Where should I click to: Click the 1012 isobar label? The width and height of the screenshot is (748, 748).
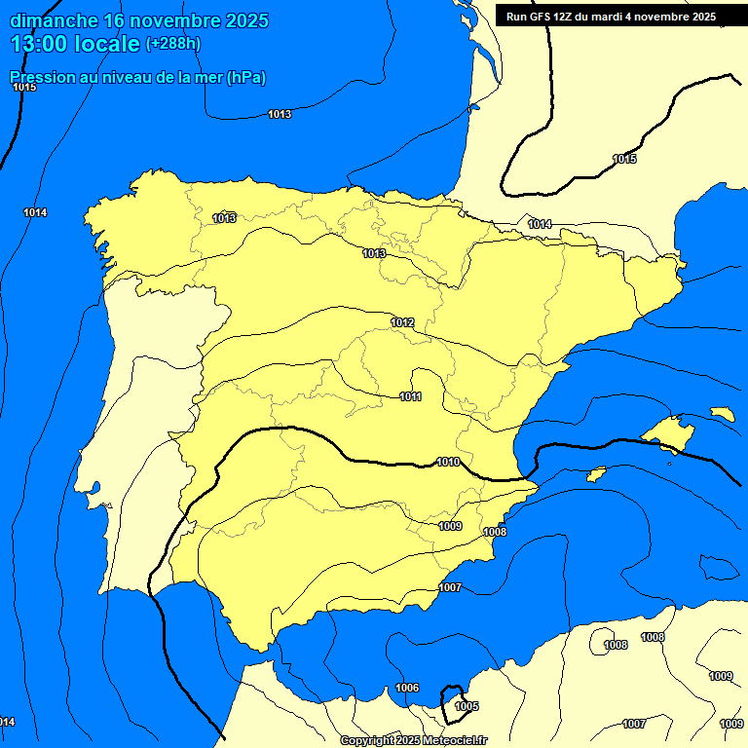coord(402,322)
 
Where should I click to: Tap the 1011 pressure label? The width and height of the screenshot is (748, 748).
coord(410,396)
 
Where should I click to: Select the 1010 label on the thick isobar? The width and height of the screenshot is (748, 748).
coord(448,462)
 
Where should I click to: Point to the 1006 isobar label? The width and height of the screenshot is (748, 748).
coord(407,688)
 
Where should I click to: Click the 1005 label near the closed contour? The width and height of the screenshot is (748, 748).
coord(467,706)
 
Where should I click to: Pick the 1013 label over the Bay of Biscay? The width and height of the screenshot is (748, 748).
coord(280,115)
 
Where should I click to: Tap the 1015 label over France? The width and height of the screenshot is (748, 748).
coord(624,159)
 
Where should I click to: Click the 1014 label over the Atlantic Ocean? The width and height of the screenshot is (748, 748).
coord(35,212)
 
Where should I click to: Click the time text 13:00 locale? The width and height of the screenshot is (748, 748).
coord(74,44)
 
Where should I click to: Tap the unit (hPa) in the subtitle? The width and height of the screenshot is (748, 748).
coord(246,78)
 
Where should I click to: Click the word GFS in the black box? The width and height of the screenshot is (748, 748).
coord(540,17)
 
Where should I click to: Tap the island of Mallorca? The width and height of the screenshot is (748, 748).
coord(669,432)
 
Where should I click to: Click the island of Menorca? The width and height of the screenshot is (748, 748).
coord(722,414)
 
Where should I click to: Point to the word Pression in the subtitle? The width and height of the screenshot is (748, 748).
coord(40,78)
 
